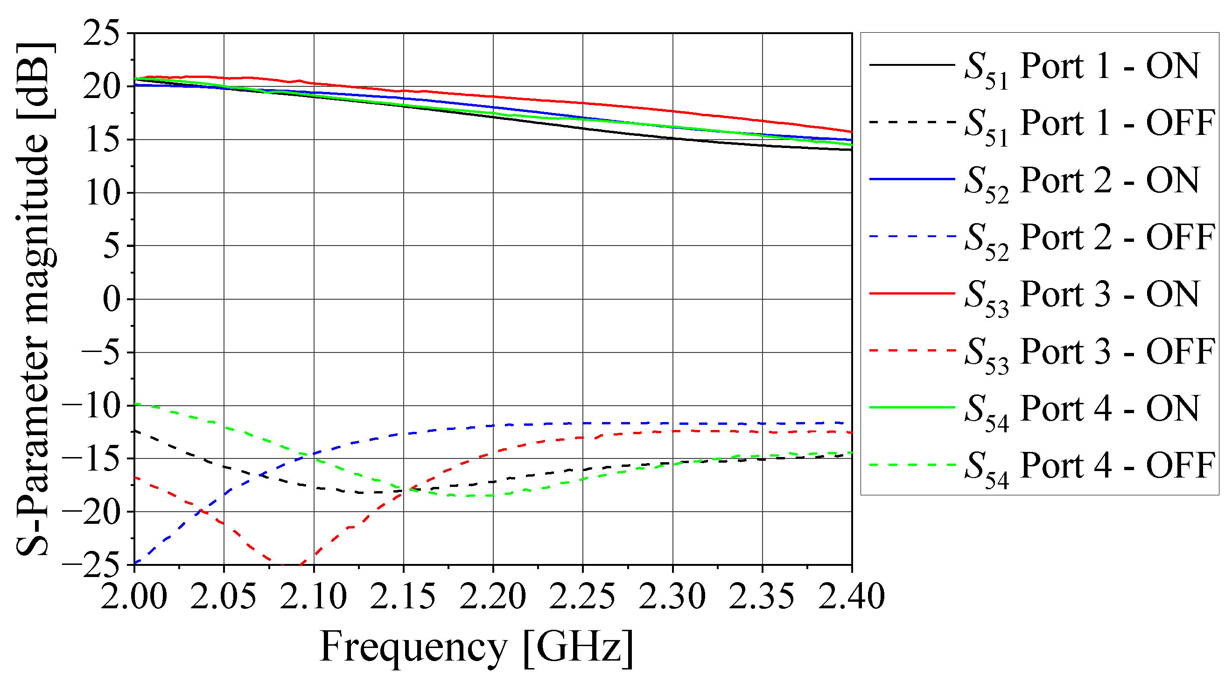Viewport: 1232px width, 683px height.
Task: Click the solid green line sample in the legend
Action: (x=912, y=408)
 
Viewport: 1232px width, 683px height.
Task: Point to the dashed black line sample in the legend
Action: (x=912, y=122)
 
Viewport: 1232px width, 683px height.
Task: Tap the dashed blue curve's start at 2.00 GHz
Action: (x=135, y=563)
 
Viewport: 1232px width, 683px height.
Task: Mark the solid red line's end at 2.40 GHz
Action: (x=851, y=132)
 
